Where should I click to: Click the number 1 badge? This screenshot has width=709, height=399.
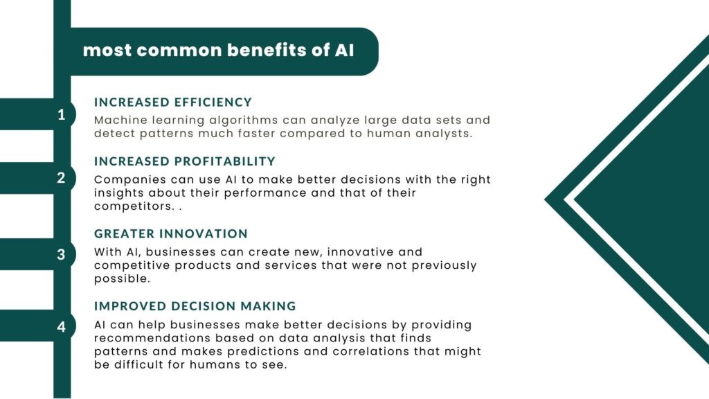62,114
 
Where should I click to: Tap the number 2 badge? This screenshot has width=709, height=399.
61,178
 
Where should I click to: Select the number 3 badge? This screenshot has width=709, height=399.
61,254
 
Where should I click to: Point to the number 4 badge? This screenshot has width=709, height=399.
61,327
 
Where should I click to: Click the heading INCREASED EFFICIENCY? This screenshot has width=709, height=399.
172,103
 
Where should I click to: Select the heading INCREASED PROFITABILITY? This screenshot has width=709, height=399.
184,161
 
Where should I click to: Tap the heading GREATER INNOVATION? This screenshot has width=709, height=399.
171,234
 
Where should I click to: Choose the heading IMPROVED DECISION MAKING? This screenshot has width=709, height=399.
195,306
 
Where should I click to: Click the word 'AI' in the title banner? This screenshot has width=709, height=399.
345,50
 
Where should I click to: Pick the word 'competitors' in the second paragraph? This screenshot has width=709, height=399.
133,206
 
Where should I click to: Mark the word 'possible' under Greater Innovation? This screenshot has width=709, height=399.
120,279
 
